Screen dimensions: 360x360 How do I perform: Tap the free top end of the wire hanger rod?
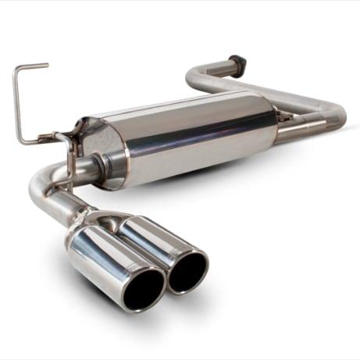pyautogui.click(x=47, y=66)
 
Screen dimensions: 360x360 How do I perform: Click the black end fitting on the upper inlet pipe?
pyautogui.click(x=235, y=62)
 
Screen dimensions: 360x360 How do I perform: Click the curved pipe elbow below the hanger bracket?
pyautogui.click(x=42, y=184)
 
